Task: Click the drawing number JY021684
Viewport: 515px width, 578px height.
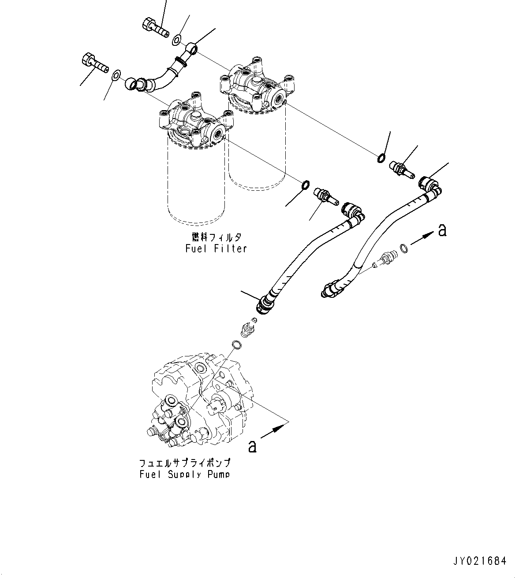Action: coord(480,561)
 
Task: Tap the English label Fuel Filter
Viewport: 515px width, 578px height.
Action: coord(216,249)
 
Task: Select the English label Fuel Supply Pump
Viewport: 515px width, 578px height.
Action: coord(184,474)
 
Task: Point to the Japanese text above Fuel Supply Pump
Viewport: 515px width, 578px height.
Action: coord(184,463)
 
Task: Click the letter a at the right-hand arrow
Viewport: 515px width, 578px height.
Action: coord(442,230)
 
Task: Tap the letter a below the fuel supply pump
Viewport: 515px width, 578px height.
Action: coord(252,446)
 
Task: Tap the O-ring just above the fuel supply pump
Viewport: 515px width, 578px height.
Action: coord(236,345)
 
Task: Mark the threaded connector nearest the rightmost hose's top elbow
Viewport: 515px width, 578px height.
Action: coord(401,169)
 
